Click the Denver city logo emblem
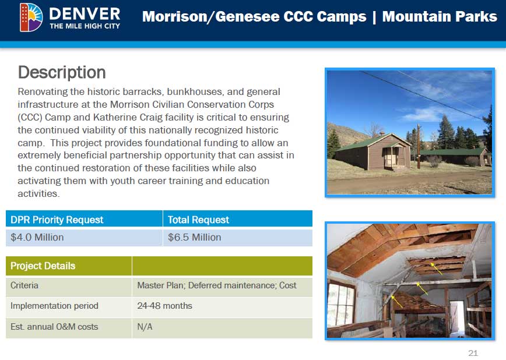[x=31, y=17]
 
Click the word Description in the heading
[x=62, y=72]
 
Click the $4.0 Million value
[x=37, y=238]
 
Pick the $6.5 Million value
[x=195, y=238]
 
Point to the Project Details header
[x=43, y=266]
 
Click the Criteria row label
[x=24, y=285]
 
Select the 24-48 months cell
[x=164, y=306]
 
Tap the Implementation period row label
[x=54, y=306]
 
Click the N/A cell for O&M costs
[x=145, y=327]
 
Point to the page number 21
[x=473, y=353]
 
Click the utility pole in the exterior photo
[x=419, y=146]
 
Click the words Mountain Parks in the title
[x=440, y=17]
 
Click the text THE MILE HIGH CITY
[x=85, y=26]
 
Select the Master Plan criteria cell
[x=217, y=285]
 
